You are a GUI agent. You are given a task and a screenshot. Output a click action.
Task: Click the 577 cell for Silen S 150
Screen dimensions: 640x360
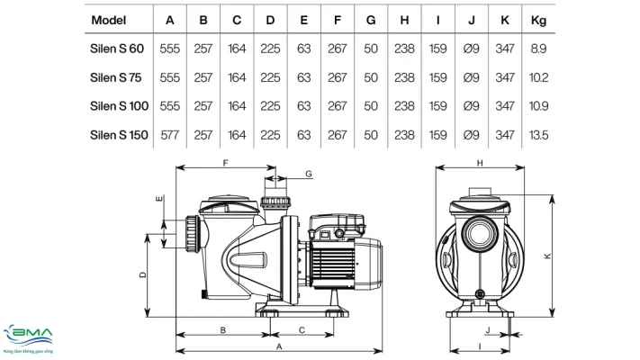pyautogui.click(x=170, y=135)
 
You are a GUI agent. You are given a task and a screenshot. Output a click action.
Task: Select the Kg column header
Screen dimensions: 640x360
pyautogui.click(x=538, y=20)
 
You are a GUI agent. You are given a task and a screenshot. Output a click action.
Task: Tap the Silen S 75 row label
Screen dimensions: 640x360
pyautogui.click(x=115, y=77)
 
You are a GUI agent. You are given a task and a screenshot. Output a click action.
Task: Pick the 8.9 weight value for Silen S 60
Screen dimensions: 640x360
pyautogui.click(x=538, y=49)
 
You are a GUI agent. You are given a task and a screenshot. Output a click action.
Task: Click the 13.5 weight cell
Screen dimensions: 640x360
pyautogui.click(x=538, y=135)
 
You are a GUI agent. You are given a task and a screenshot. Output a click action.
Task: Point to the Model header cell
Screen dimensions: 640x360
pyautogui.click(x=109, y=20)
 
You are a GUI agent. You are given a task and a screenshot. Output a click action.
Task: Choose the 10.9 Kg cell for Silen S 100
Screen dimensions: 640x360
pyautogui.click(x=538, y=106)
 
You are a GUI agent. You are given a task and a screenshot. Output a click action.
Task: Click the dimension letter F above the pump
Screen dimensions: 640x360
pyautogui.click(x=225, y=163)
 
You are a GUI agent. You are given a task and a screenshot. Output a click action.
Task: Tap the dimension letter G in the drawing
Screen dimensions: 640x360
pyautogui.click(x=309, y=174)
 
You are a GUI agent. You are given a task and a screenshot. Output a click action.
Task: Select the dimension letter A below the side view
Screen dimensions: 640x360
pyautogui.click(x=279, y=346)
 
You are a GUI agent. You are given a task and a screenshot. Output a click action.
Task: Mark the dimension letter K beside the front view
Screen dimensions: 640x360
pyautogui.click(x=547, y=256)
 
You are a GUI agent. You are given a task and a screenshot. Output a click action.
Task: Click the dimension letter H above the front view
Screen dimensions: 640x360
pyautogui.click(x=480, y=163)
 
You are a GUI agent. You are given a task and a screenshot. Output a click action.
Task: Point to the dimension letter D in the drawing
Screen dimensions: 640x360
pyautogui.click(x=142, y=275)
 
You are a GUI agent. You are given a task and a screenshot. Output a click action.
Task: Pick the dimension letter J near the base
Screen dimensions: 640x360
pyautogui.click(x=488, y=329)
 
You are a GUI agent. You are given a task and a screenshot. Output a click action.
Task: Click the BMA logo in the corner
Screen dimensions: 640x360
pyautogui.click(x=28, y=338)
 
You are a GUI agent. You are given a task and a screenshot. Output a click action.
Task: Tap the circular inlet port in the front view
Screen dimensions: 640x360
pyautogui.click(x=480, y=234)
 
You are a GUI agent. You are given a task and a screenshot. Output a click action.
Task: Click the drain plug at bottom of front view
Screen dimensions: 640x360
pyautogui.click(x=480, y=294)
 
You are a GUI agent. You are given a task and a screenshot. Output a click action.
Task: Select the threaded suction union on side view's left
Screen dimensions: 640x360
pyautogui.click(x=193, y=234)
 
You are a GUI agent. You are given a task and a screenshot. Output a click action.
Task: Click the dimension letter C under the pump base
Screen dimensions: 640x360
pyautogui.click(x=302, y=329)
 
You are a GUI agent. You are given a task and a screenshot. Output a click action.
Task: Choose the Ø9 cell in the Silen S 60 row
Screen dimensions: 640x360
pyautogui.click(x=471, y=49)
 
